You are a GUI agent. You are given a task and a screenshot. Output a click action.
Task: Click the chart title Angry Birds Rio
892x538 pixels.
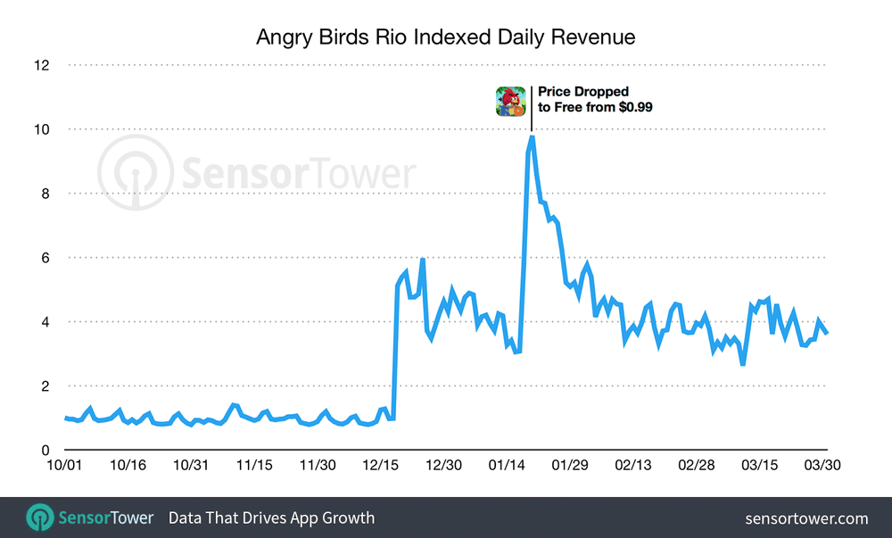[445, 37]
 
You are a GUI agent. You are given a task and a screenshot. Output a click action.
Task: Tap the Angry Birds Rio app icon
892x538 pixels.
[511, 100]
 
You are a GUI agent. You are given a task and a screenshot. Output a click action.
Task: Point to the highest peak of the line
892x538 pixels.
[532, 137]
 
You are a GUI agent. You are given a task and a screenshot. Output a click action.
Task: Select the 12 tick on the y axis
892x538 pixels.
[42, 65]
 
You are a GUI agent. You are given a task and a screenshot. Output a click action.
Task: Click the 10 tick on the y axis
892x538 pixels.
[42, 129]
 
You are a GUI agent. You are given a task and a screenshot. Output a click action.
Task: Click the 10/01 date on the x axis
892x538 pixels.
[65, 466]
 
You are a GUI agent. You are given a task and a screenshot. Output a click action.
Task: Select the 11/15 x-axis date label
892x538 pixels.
[255, 466]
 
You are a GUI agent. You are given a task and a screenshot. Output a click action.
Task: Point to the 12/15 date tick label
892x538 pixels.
[381, 466]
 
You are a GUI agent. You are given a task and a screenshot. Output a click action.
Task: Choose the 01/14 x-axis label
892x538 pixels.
[507, 466]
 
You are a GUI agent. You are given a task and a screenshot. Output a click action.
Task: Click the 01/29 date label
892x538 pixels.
[569, 466]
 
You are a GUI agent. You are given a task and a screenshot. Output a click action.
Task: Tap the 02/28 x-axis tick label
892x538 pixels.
[696, 466]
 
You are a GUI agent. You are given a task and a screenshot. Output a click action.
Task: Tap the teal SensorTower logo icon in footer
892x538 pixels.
[39, 517]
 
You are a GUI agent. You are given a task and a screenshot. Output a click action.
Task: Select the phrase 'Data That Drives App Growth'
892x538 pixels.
[271, 518]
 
